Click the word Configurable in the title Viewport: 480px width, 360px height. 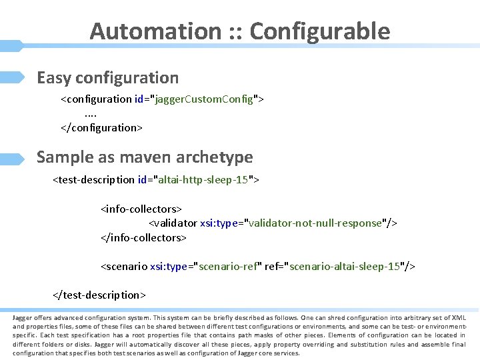click(319, 31)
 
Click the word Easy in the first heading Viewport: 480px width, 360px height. click(53, 78)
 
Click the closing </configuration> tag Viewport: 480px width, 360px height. click(101, 127)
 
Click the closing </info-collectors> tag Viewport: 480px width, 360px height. click(143, 237)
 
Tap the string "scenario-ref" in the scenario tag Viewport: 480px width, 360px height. click(227, 267)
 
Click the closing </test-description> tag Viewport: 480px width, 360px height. click(99, 295)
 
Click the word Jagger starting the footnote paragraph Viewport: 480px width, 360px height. click(22, 318)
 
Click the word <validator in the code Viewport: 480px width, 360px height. click(173, 223)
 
